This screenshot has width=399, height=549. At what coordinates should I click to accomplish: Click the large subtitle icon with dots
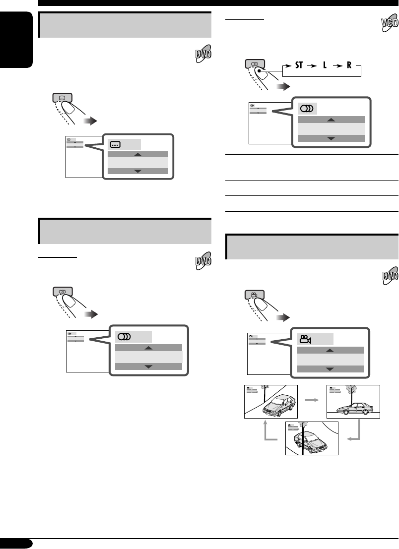115,145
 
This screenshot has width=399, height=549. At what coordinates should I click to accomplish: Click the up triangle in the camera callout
330,350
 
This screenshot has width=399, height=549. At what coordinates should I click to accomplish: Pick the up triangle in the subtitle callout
138,154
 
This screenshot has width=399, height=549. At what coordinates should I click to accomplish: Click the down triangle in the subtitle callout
138,171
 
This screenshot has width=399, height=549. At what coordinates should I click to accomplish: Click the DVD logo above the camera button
390,277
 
